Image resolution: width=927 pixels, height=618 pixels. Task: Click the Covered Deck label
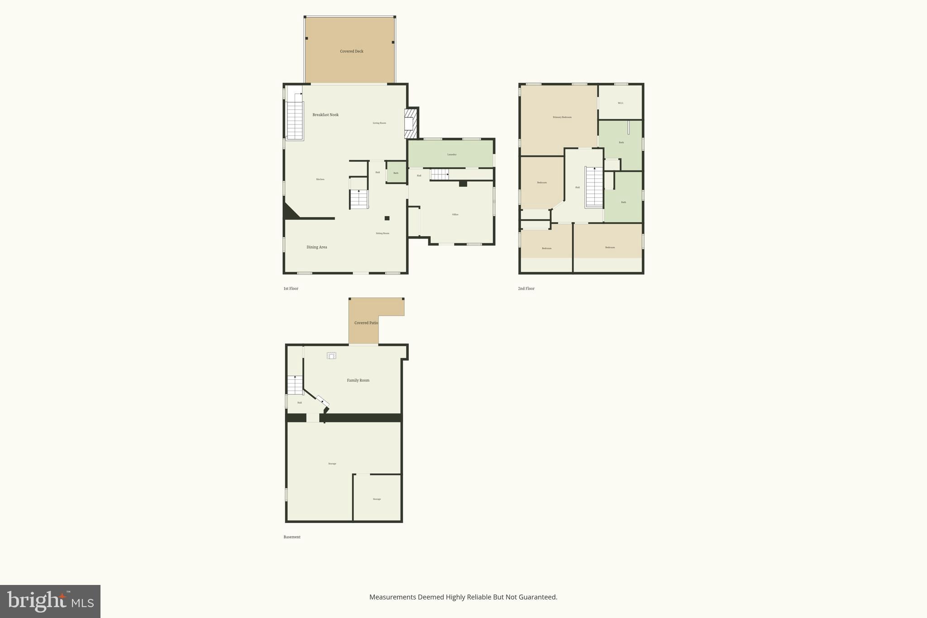(352, 52)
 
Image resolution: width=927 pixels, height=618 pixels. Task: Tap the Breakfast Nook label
(325, 115)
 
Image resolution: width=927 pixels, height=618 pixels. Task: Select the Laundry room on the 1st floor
(451, 154)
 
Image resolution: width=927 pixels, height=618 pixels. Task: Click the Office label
(455, 215)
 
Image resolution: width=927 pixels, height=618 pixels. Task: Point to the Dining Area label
(316, 247)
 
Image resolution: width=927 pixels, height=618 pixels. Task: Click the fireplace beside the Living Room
(410, 123)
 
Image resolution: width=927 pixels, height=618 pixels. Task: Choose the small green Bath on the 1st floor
(396, 172)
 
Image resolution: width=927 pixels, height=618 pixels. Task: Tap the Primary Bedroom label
(562, 117)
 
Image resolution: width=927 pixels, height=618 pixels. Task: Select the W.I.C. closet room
(621, 103)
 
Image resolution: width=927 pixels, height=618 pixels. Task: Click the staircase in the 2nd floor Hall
(594, 187)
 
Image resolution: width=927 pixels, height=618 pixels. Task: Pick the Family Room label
(358, 380)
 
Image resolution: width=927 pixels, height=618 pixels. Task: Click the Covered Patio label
(366, 323)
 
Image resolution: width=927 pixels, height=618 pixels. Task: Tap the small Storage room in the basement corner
(377, 498)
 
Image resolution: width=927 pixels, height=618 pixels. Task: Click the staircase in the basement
(295, 385)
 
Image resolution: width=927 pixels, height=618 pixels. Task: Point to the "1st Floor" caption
(291, 288)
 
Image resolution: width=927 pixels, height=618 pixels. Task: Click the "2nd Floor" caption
(526, 288)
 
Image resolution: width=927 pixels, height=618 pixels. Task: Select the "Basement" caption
(292, 537)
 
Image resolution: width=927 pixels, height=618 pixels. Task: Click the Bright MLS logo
(50, 601)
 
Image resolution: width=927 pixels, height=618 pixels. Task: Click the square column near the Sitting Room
(387, 218)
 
